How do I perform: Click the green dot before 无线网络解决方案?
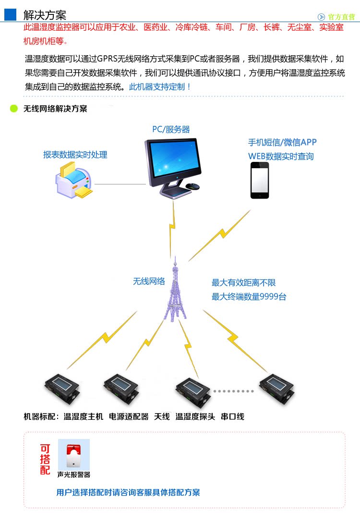click(13, 109)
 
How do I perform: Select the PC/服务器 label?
click(171, 129)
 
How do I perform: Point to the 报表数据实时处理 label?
click(75, 155)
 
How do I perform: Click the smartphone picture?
click(260, 180)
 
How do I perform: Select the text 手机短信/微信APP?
click(282, 142)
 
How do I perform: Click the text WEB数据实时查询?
click(281, 156)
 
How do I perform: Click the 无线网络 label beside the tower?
click(149, 281)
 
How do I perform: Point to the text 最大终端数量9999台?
click(249, 297)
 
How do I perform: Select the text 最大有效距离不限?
click(244, 283)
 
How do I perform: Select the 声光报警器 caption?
click(73, 475)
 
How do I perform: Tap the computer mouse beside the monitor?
click(192, 186)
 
